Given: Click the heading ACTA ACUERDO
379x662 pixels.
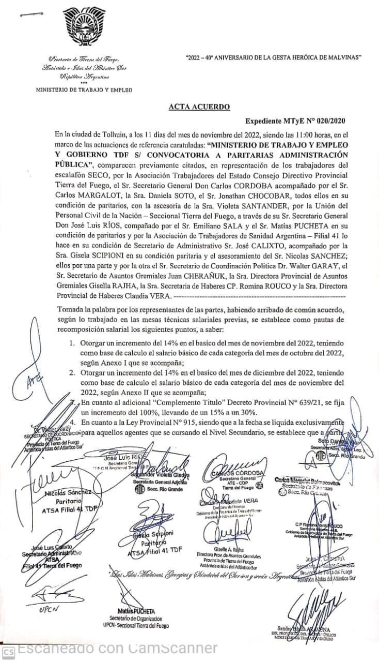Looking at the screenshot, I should pyautogui.click(x=199, y=107).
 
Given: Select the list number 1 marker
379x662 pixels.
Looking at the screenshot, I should pyautogui.click(x=72, y=343).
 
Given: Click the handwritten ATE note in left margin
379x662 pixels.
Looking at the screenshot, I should pyautogui.click(x=34, y=383).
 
